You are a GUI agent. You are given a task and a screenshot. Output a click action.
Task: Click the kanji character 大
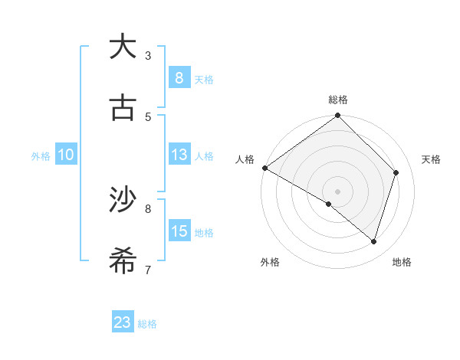point(123,47)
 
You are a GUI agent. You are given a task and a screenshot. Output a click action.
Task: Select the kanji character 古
point(123,108)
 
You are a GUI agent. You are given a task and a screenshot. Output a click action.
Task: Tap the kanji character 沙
point(123,200)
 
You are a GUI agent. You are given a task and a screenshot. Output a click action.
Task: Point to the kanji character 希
point(123,261)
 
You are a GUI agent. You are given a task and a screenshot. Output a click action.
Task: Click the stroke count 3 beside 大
point(148,55)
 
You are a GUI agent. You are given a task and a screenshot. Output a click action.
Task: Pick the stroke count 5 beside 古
point(148,116)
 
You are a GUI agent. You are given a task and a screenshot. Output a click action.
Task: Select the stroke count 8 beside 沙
point(148,208)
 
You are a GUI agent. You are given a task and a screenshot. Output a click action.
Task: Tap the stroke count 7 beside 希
point(148,270)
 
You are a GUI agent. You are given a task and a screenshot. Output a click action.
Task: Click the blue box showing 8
point(179,77)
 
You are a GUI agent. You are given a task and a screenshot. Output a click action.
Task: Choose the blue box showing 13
point(179,155)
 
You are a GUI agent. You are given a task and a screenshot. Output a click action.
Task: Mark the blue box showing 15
point(179,231)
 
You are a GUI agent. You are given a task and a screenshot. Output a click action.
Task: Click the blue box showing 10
point(66,155)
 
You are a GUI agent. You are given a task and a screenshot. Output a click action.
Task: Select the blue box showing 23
point(123,322)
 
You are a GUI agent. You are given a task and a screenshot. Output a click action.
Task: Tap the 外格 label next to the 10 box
point(41,155)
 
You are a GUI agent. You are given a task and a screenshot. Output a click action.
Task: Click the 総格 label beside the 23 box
point(148,324)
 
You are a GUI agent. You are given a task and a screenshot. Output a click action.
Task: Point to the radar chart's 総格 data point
point(338,116)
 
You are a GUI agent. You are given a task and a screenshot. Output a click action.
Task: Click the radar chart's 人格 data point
point(264,168)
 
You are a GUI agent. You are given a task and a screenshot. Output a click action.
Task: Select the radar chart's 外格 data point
point(329,204)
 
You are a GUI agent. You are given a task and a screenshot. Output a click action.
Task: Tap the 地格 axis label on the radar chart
point(402,262)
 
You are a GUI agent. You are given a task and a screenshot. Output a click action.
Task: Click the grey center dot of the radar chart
point(338,191)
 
